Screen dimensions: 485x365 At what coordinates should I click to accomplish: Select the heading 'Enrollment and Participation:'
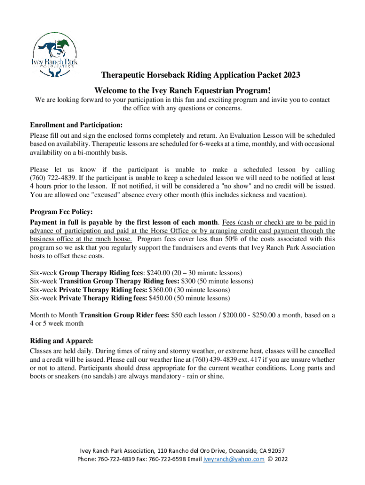(76, 125)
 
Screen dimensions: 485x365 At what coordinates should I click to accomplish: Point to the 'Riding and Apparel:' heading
(61, 340)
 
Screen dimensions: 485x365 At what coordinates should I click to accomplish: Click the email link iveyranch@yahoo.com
(234, 459)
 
